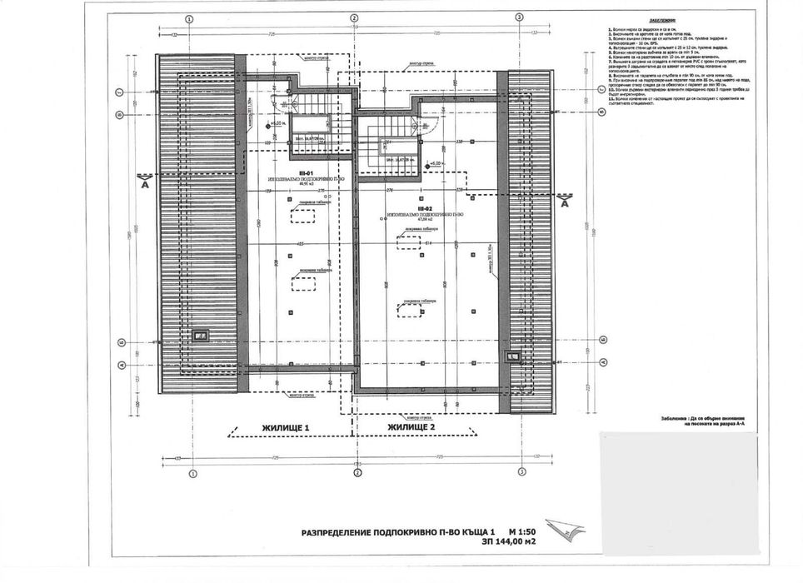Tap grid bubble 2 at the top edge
[353, 17]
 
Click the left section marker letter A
[145, 187]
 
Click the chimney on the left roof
[201, 336]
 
